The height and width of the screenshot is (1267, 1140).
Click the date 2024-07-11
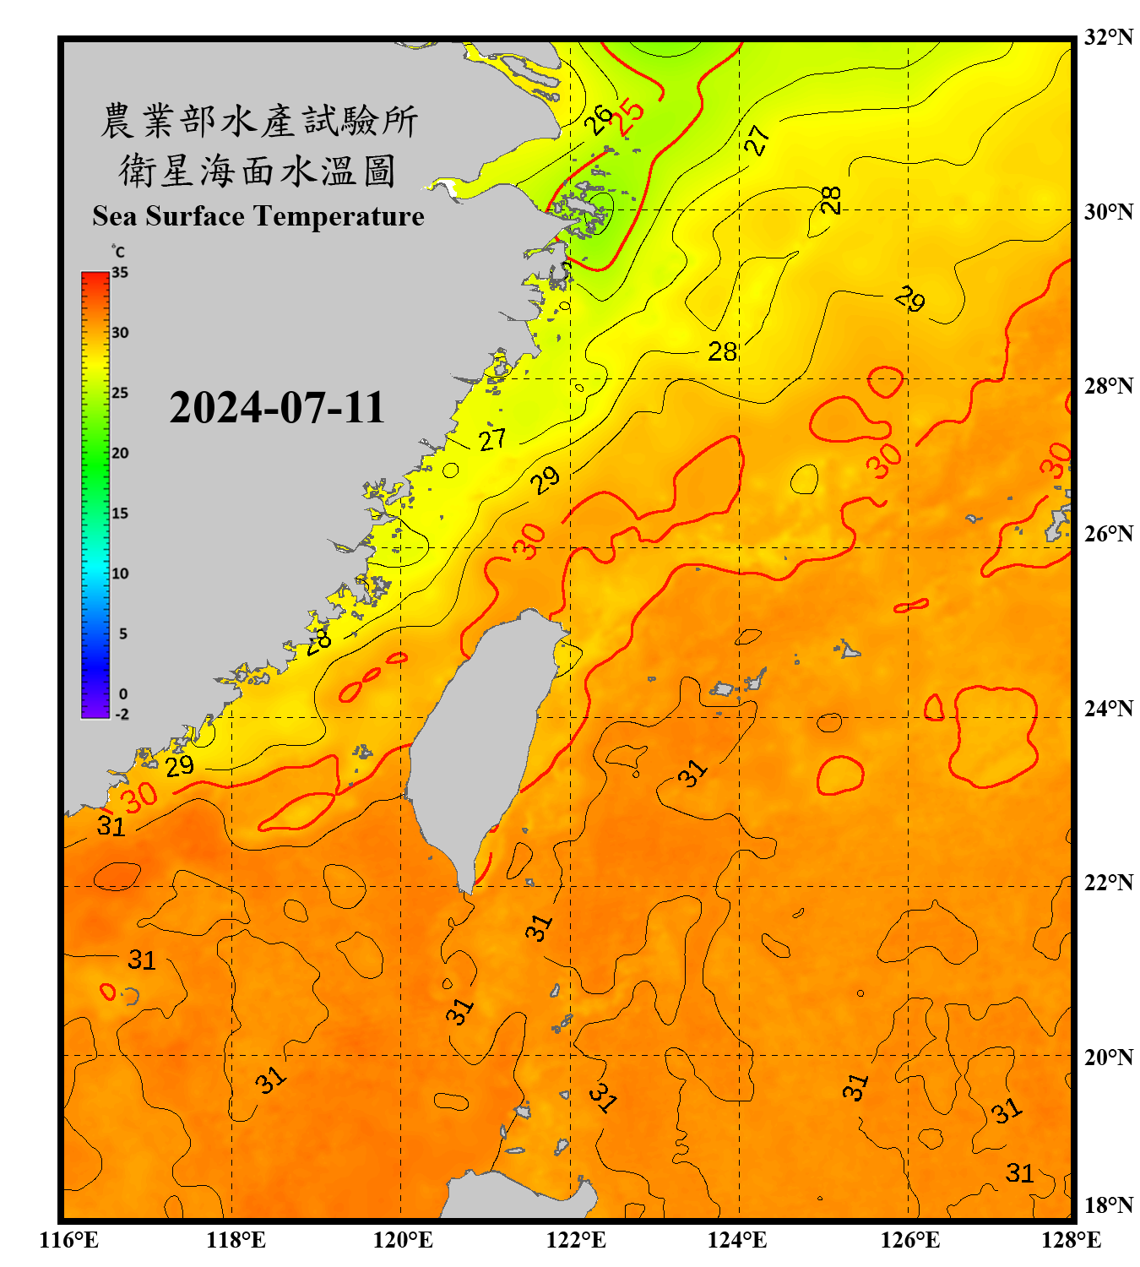(277, 408)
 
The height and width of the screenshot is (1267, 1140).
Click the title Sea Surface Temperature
(258, 216)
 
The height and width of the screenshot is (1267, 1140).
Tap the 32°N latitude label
(1108, 37)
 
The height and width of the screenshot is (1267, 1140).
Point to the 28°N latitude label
(1108, 386)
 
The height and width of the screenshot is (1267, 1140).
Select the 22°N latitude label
(1108, 883)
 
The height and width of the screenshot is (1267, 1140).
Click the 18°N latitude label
(1108, 1205)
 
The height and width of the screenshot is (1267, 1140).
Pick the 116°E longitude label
(69, 1240)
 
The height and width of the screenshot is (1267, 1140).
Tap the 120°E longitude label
(403, 1240)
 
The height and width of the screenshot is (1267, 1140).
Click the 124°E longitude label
(737, 1240)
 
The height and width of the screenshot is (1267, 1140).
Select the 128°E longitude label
(1071, 1240)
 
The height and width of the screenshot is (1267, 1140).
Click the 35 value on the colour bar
(120, 273)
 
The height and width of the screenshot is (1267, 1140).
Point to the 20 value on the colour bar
(120, 454)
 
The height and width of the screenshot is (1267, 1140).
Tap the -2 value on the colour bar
(122, 715)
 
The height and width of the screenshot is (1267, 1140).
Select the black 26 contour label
(600, 119)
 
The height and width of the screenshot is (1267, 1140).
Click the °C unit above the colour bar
(118, 252)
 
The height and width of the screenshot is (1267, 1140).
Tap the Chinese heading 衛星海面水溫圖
(258, 171)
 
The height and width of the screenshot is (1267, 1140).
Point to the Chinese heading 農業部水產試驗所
(258, 121)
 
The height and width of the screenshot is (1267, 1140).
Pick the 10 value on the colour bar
(120, 574)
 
